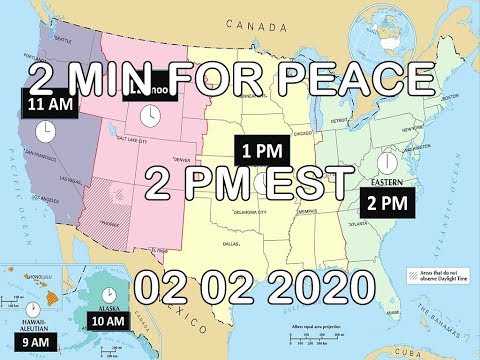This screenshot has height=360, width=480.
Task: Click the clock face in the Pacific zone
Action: pyautogui.click(x=45, y=131)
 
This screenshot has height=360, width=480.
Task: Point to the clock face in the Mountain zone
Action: pyautogui.click(x=148, y=117)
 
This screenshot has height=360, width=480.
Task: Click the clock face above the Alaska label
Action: pyautogui.click(x=103, y=290)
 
